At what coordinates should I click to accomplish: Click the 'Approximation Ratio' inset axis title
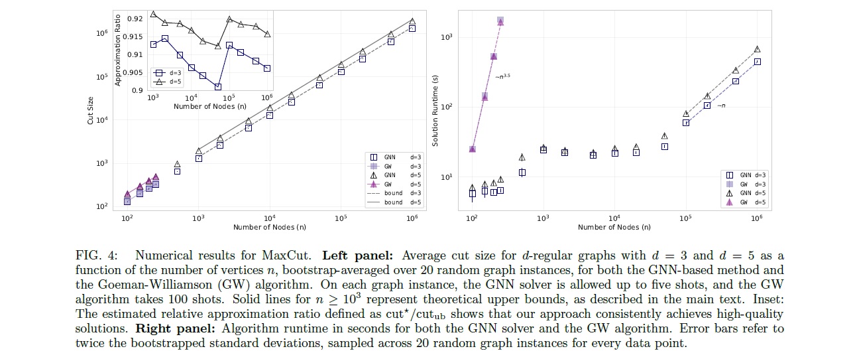coord(118,50)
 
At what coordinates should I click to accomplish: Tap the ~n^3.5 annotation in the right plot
coord(502,76)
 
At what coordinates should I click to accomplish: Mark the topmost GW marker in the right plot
coord(500,21)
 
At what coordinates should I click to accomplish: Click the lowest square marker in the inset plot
coord(217,87)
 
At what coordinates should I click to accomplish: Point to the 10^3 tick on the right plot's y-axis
coord(446,37)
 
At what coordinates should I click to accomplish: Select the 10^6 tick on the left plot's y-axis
coord(102,33)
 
